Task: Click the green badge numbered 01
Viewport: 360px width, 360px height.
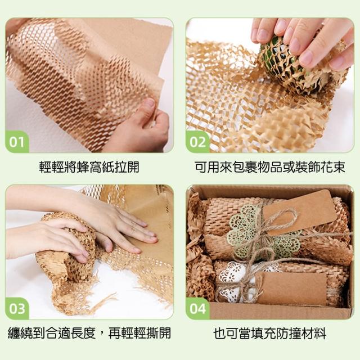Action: click(x=17, y=142)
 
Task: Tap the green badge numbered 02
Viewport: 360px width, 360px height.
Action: click(x=197, y=142)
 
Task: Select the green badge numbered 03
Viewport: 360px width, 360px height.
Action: click(x=17, y=309)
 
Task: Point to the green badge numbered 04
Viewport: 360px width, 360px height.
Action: click(x=197, y=309)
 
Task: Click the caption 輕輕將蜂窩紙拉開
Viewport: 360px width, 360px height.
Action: click(x=89, y=166)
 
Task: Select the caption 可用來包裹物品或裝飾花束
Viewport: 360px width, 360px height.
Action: click(x=270, y=166)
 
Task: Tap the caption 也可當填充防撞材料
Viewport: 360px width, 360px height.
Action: click(x=270, y=334)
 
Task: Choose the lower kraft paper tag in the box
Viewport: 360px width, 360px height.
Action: click(x=291, y=288)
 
